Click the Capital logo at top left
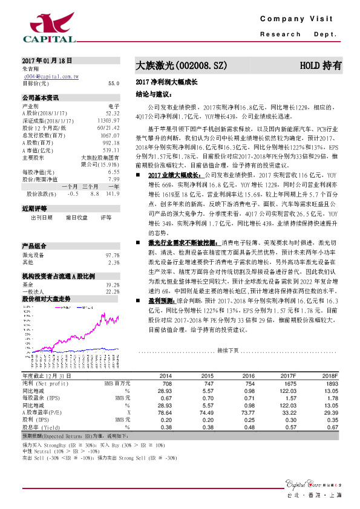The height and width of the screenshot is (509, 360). tap(49, 27)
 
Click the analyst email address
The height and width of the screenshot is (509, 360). tap(51, 77)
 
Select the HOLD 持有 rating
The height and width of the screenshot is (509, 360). tap(321, 64)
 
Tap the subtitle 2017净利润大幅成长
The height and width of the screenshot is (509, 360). tap(167, 81)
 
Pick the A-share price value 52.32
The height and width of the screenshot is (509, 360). tap(113, 112)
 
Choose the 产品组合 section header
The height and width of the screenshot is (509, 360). tap(34, 247)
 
